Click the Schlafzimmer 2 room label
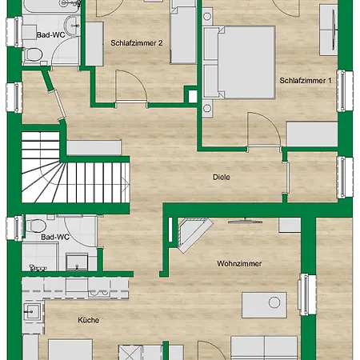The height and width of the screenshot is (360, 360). [136, 43]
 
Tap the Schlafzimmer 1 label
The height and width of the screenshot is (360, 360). [306, 81]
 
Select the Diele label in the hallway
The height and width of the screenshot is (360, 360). [222, 177]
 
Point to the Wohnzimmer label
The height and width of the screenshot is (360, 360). [239, 264]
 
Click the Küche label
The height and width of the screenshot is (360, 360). [89, 320]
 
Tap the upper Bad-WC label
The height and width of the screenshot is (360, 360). [50, 35]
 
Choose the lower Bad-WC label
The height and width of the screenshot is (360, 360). [55, 237]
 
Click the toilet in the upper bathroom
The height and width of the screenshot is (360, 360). [33, 54]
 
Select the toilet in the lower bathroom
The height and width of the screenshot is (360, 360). [35, 226]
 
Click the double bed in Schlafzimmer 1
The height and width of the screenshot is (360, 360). [239, 62]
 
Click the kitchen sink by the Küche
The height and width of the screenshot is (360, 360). [33, 312]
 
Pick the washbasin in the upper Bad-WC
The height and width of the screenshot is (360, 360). [72, 26]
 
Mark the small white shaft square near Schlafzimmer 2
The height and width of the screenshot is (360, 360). [193, 96]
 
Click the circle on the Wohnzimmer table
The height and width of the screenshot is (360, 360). [274, 302]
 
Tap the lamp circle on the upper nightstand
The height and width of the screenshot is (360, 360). [207, 17]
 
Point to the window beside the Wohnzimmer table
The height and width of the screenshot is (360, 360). [308, 294]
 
